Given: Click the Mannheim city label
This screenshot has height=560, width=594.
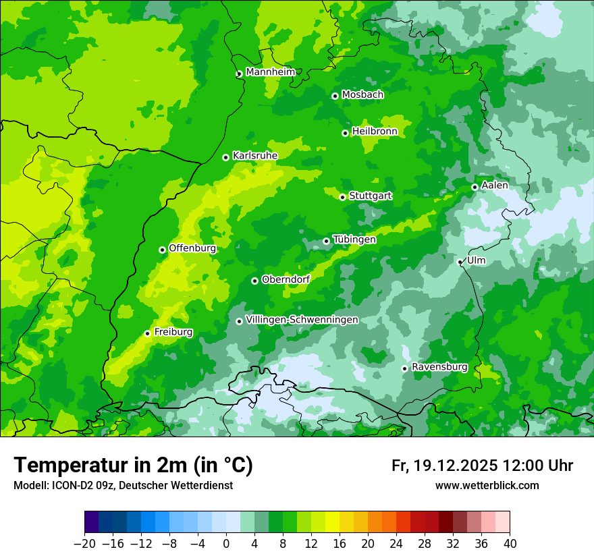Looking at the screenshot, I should (270, 72).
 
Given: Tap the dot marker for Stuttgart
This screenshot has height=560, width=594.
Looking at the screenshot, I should (342, 197).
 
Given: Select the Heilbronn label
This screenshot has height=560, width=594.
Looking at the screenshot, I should (375, 132).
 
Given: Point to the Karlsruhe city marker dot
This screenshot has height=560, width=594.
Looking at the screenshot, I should (225, 158).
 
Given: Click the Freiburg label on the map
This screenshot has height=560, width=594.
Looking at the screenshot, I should (173, 332).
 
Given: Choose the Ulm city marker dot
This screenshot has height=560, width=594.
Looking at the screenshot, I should (460, 262).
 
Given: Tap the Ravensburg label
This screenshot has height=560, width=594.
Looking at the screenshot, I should (439, 367).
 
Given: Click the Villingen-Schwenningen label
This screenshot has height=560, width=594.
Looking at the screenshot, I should (302, 320).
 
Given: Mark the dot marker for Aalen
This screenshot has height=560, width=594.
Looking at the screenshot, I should (475, 187).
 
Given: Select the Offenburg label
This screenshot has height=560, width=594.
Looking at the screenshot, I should (192, 248).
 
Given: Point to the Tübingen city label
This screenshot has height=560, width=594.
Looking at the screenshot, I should (354, 240).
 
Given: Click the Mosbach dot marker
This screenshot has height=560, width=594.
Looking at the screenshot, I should (335, 96).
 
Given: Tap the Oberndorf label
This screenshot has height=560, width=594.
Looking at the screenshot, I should (286, 279).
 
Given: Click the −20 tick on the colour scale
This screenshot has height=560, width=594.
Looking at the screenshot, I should (85, 544).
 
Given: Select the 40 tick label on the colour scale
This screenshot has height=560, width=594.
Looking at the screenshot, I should (510, 544).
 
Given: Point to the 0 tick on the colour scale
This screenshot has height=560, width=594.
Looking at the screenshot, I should (226, 544).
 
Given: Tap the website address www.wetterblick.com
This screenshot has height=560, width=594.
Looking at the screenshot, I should (487, 486).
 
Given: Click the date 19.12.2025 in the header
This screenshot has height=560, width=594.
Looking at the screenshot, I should (456, 466).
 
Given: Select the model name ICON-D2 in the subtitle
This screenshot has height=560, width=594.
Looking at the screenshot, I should (70, 486).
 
